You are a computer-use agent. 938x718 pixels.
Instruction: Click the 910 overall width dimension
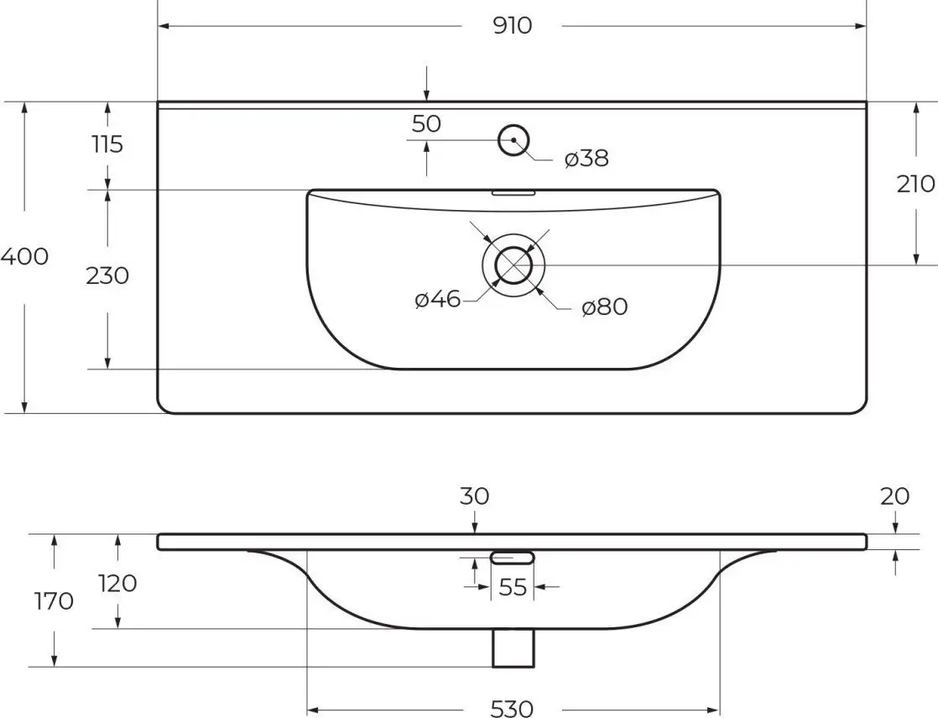point(512,26)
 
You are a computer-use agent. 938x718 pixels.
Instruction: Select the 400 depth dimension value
point(24,257)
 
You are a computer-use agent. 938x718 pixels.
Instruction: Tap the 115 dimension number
point(107,144)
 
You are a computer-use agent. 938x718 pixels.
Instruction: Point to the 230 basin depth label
point(107,275)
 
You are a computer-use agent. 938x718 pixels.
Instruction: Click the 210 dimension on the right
point(915,184)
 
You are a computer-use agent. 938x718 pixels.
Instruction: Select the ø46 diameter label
point(437,299)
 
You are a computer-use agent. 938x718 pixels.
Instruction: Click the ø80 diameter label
point(604,307)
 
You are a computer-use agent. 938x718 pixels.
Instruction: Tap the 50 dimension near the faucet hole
point(426,124)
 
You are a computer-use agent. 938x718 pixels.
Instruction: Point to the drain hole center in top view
point(513,265)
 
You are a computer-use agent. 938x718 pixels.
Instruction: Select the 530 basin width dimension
point(512,709)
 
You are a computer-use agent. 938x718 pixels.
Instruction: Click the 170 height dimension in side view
point(55,601)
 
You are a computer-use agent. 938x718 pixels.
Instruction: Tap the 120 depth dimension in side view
point(117,583)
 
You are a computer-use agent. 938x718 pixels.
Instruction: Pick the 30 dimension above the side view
point(474,496)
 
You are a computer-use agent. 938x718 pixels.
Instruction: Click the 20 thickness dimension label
point(895,496)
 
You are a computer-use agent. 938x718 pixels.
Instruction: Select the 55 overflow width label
point(512,587)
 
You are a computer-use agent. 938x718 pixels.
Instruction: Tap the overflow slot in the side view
point(512,557)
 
